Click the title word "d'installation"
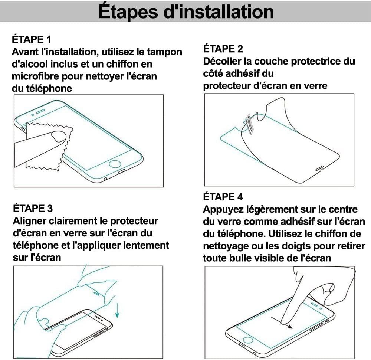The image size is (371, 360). coord(219,12)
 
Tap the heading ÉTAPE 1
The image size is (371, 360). coord(32,40)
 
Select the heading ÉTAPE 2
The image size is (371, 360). coord(223,49)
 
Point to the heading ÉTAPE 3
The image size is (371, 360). coord(33,209)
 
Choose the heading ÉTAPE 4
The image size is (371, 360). coord(223,197)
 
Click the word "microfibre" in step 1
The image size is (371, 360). coord(35,76)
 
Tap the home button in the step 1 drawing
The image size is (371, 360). coord(115,164)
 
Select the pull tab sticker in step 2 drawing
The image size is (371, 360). coord(249,124)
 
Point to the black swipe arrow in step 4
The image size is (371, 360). coord(282,323)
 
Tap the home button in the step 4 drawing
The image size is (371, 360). coord(248,340)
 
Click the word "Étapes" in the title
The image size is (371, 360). coord(128,12)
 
